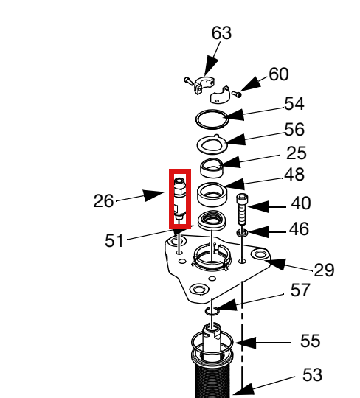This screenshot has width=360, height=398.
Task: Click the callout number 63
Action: point(221,33)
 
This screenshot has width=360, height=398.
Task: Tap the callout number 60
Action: point(279,74)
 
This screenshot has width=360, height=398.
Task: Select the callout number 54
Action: point(294,104)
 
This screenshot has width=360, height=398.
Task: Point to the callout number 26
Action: point(103,201)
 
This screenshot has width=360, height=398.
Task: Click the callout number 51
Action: point(114,240)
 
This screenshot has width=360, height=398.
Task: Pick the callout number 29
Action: point(324,270)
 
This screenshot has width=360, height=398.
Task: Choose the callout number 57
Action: point(300,290)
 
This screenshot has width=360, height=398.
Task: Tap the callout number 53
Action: point(312,374)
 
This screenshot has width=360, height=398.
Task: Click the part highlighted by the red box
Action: point(180,199)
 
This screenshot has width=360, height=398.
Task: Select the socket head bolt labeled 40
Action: point(243,209)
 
